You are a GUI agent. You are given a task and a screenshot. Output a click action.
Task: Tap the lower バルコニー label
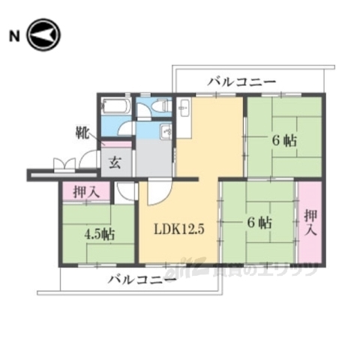point(141,280)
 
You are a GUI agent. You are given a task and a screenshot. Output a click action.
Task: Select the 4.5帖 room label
point(99,232)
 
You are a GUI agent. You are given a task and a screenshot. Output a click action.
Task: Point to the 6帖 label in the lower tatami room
point(259,223)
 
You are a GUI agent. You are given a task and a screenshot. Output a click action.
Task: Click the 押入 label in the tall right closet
point(310,221)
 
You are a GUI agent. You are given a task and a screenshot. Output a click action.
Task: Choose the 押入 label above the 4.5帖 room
point(85,193)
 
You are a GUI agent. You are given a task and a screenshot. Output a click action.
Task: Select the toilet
point(160,109)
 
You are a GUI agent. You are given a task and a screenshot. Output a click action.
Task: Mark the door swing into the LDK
point(159,193)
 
